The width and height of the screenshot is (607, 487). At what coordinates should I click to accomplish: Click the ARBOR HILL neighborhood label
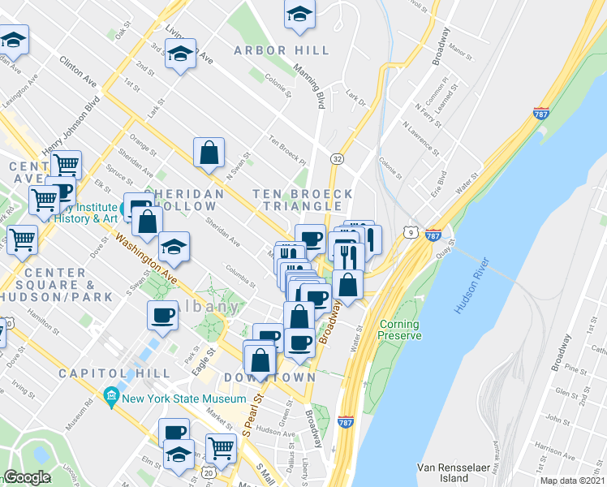pos(282,50)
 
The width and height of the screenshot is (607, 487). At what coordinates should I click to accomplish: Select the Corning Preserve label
pos(400,330)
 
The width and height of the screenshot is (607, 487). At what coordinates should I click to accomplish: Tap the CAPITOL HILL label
pos(114,373)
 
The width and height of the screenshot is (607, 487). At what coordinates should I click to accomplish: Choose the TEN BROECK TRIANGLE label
pos(303,200)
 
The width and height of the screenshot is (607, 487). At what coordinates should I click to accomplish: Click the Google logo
pos(27,477)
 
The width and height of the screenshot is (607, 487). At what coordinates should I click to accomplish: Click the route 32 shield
pos(336,157)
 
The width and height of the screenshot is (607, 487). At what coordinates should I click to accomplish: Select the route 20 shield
pos(209,472)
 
